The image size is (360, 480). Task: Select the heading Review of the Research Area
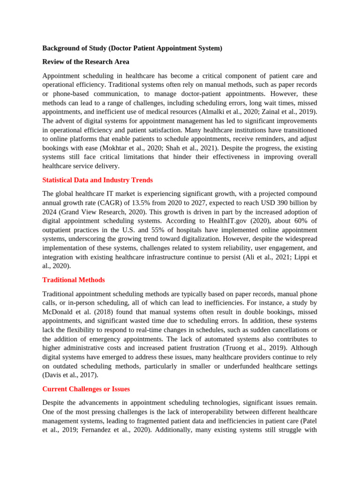pyautogui.click(x=86, y=62)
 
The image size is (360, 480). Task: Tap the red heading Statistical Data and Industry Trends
pyautogui.click(x=97, y=180)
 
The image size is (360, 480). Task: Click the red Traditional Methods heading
pyautogui.click(x=74, y=280)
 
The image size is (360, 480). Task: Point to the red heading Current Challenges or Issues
pyautogui.click(x=86, y=389)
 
